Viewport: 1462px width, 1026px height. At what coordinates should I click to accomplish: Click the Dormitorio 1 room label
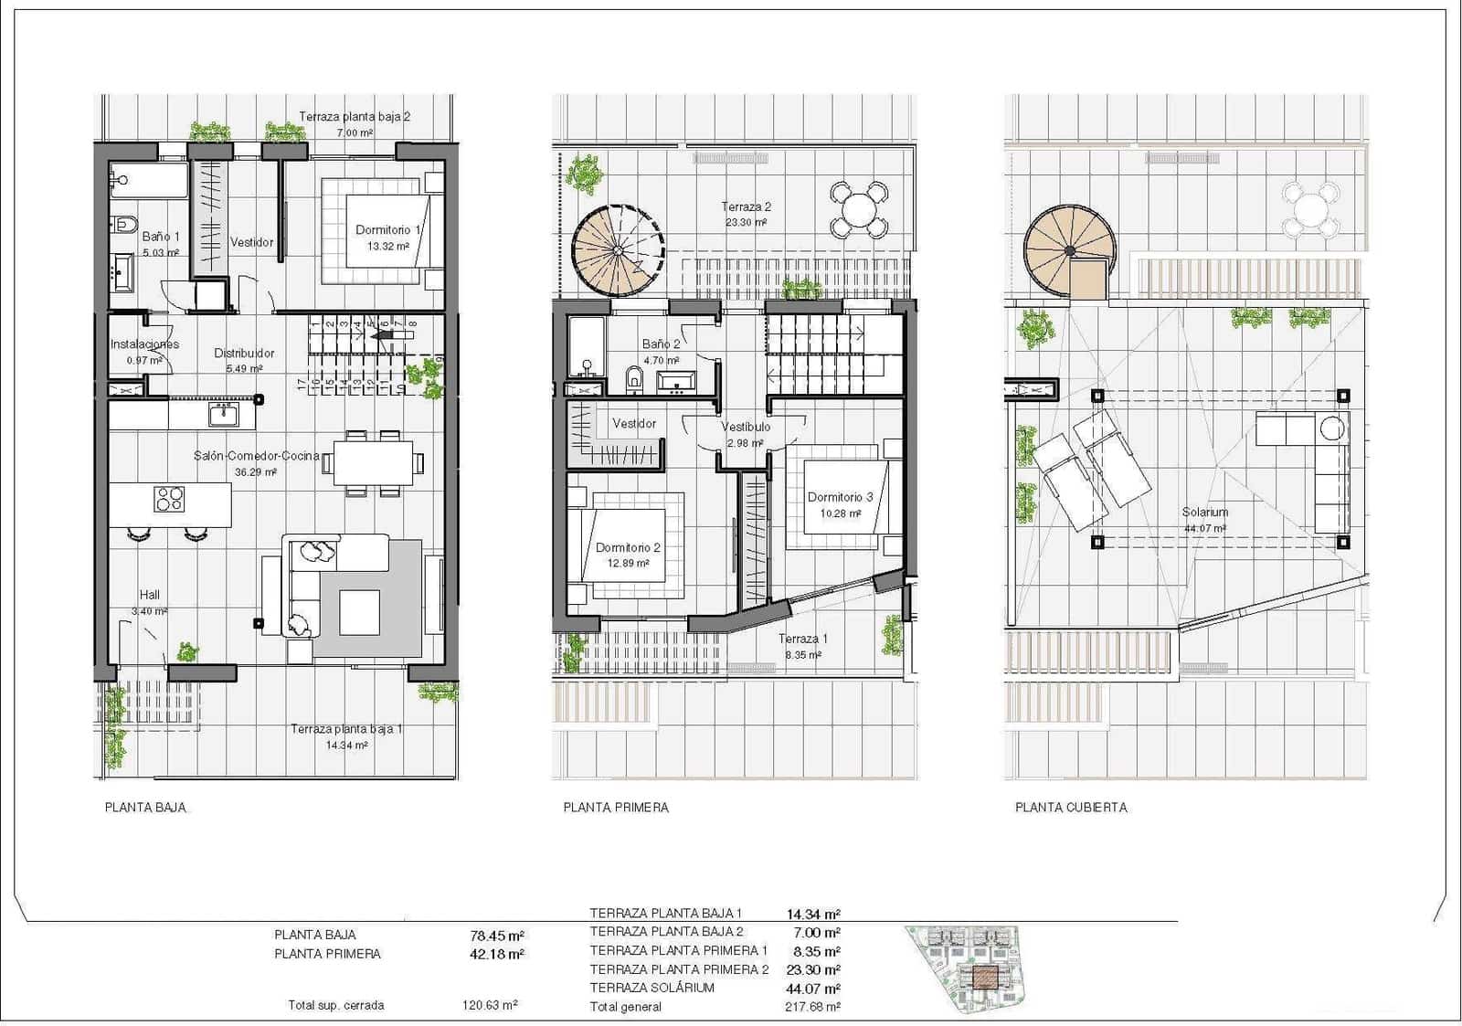(x=388, y=230)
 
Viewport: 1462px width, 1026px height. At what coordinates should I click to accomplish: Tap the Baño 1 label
(x=161, y=237)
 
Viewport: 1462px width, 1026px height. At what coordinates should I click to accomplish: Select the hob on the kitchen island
(x=170, y=499)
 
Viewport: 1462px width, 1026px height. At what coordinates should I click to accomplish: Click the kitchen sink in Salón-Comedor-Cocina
(x=223, y=416)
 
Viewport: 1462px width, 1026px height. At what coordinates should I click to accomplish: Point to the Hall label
(x=150, y=595)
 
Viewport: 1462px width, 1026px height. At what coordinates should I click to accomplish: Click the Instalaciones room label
(x=144, y=344)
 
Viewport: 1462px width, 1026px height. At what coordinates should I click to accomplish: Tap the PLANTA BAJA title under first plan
(x=145, y=808)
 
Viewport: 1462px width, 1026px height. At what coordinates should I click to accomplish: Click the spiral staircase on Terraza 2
(x=619, y=249)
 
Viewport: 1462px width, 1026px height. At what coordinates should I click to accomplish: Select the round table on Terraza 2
(x=859, y=209)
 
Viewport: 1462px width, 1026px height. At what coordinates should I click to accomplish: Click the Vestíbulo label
(x=746, y=427)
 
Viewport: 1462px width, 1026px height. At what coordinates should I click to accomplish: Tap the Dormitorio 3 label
(x=840, y=497)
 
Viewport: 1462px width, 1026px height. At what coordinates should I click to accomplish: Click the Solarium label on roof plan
(x=1204, y=513)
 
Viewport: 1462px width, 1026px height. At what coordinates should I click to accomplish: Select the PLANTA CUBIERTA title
(x=1071, y=808)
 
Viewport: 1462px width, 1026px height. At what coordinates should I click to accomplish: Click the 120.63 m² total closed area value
(x=490, y=1005)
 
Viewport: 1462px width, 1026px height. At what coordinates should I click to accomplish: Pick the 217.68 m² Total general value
(x=812, y=1007)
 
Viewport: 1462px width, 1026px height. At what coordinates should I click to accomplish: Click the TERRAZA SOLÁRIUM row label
(x=652, y=988)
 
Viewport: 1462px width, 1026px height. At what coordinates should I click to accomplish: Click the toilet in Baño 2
(x=633, y=377)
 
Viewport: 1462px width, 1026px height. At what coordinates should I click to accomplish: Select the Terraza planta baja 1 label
(x=346, y=729)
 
